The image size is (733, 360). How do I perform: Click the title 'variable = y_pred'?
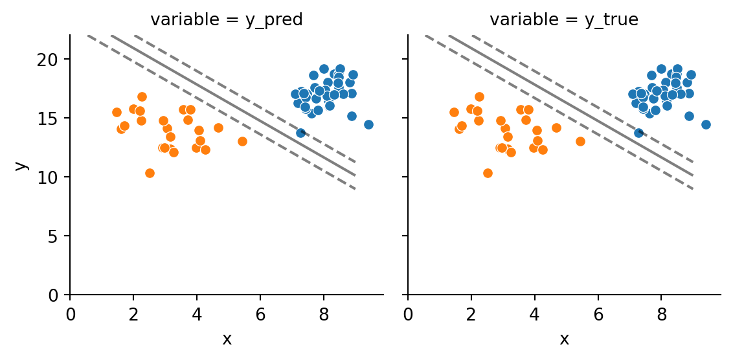[x=227, y=20]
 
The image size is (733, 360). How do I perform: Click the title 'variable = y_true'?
[x=564, y=20]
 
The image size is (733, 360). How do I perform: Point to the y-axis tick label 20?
[x=52, y=60]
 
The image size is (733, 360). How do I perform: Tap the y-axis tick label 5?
[x=56, y=236]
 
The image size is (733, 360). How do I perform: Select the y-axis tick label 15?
[x=52, y=118]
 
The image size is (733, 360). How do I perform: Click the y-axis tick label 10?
[x=52, y=177]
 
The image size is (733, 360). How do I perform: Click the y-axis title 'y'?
[x=21, y=165]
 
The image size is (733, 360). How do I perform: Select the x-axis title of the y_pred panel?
[x=227, y=339]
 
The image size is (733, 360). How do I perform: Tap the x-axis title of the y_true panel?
[x=564, y=339]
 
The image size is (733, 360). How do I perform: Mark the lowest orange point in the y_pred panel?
[x=150, y=173]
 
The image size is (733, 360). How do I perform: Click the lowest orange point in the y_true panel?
[x=488, y=173]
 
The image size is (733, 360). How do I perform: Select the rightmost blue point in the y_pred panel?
[x=368, y=124]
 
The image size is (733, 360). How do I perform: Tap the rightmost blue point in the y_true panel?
[x=706, y=124]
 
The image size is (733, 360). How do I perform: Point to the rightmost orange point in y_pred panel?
[x=242, y=141]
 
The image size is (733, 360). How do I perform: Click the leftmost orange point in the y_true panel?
[x=454, y=112]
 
